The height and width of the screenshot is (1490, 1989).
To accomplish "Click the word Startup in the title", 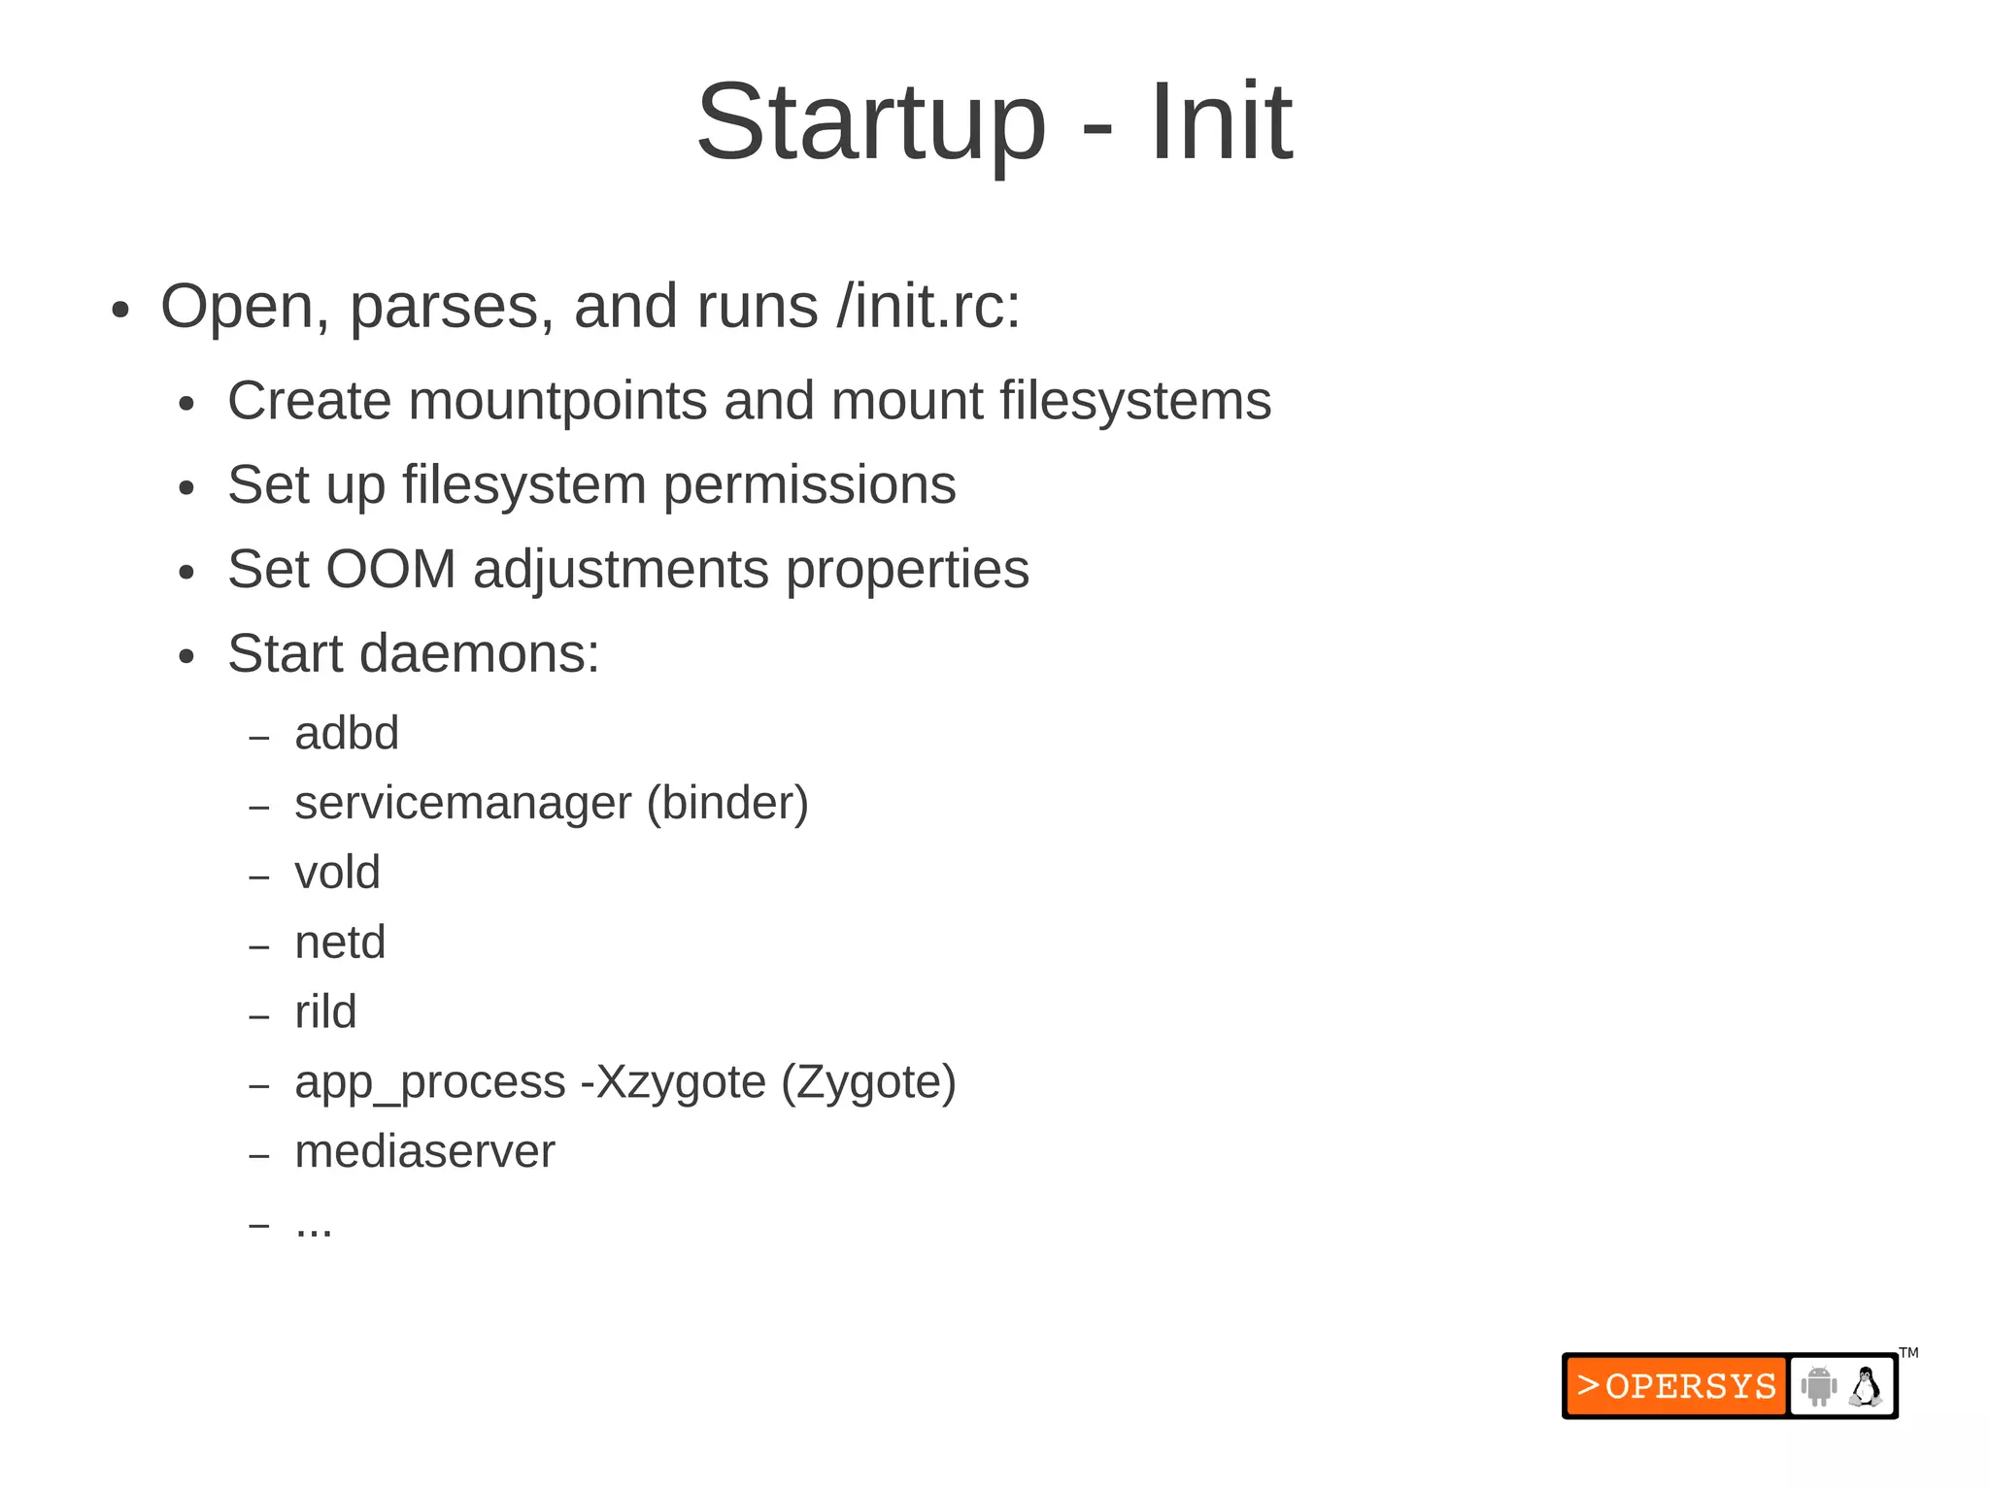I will pyautogui.click(x=871, y=123).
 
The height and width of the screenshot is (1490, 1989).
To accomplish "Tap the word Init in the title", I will pyautogui.click(x=1220, y=123).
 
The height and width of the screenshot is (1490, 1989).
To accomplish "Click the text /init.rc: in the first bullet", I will pyautogui.click(x=928, y=307).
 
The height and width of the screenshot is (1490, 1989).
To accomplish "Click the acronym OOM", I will pyautogui.click(x=390, y=569).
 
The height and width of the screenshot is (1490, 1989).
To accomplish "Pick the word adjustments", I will pyautogui.click(x=621, y=570).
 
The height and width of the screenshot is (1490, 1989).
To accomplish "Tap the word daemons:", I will pyautogui.click(x=479, y=653).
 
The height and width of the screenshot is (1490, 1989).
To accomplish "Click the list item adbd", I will pyautogui.click(x=347, y=733).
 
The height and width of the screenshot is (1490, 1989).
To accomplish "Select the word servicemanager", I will pyautogui.click(x=462, y=803).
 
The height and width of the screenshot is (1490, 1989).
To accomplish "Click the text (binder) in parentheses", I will pyautogui.click(x=727, y=803).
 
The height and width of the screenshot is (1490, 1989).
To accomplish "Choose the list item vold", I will pyautogui.click(x=337, y=873).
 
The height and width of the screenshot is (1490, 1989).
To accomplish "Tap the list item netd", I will pyautogui.click(x=340, y=943).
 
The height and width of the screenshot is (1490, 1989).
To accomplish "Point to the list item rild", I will pyautogui.click(x=325, y=1012).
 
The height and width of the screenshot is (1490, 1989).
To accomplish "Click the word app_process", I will pyautogui.click(x=429, y=1082).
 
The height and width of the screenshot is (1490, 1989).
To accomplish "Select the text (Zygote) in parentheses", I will pyautogui.click(x=868, y=1082).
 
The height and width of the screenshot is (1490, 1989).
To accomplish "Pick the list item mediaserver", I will pyautogui.click(x=424, y=1152).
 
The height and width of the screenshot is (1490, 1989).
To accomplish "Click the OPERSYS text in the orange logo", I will pyautogui.click(x=1690, y=1386).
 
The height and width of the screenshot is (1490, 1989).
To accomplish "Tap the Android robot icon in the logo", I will pyautogui.click(x=1818, y=1386).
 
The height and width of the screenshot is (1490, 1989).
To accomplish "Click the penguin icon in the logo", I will pyautogui.click(x=1865, y=1386).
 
